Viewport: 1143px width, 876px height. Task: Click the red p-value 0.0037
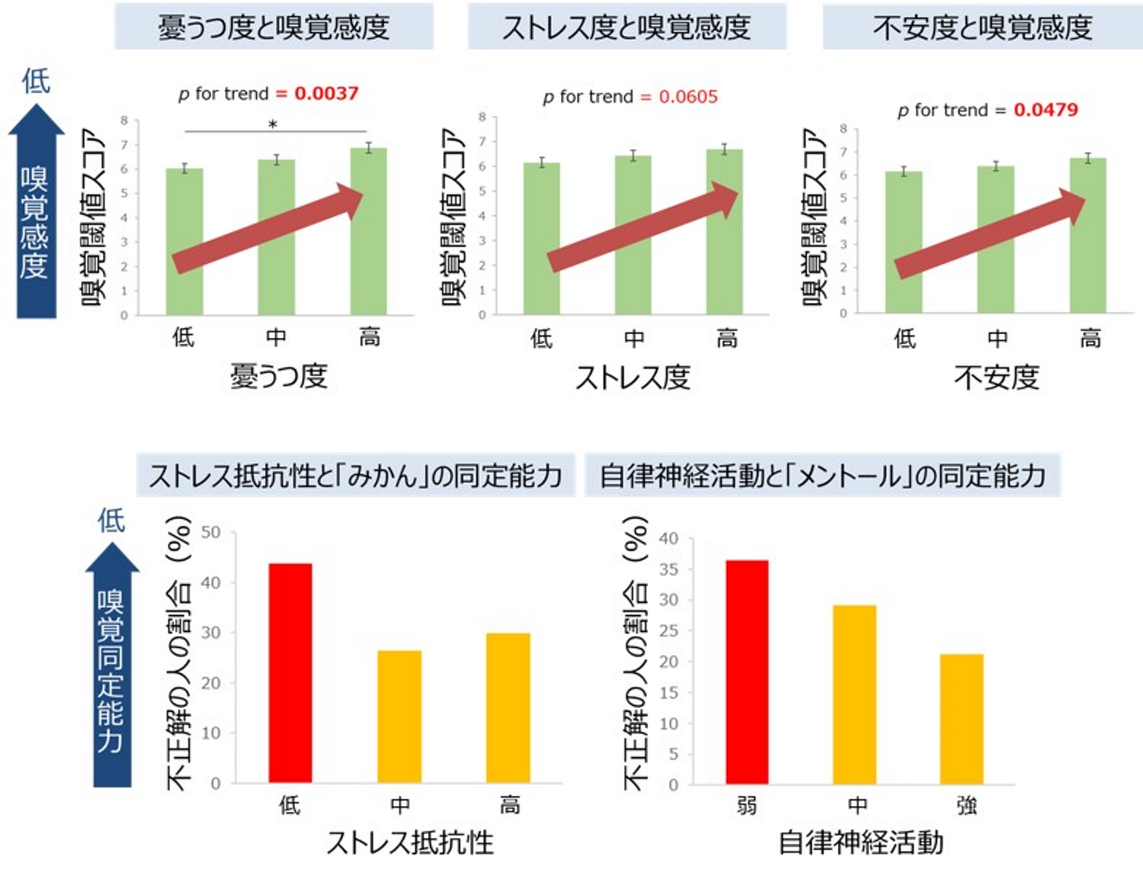click(x=326, y=93)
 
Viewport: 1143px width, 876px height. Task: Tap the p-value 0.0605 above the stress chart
click(x=688, y=97)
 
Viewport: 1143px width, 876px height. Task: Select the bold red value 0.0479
click(x=1045, y=110)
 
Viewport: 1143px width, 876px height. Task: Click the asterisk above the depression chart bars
click(x=272, y=124)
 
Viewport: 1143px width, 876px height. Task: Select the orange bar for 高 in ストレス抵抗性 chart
click(x=507, y=708)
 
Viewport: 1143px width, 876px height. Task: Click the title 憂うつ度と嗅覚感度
click(x=274, y=27)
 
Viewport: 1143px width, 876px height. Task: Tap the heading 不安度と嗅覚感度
click(x=982, y=27)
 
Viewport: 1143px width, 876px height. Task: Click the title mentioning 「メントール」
click(x=823, y=476)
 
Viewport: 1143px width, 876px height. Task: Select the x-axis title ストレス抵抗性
click(x=410, y=842)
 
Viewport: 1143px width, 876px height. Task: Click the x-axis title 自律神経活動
click(x=861, y=842)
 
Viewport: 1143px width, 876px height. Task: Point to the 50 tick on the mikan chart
click(x=211, y=532)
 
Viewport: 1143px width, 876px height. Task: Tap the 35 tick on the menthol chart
click(x=669, y=569)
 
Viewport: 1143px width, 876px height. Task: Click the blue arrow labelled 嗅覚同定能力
click(x=112, y=667)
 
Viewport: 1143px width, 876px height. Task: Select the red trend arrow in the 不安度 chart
click(x=989, y=235)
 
